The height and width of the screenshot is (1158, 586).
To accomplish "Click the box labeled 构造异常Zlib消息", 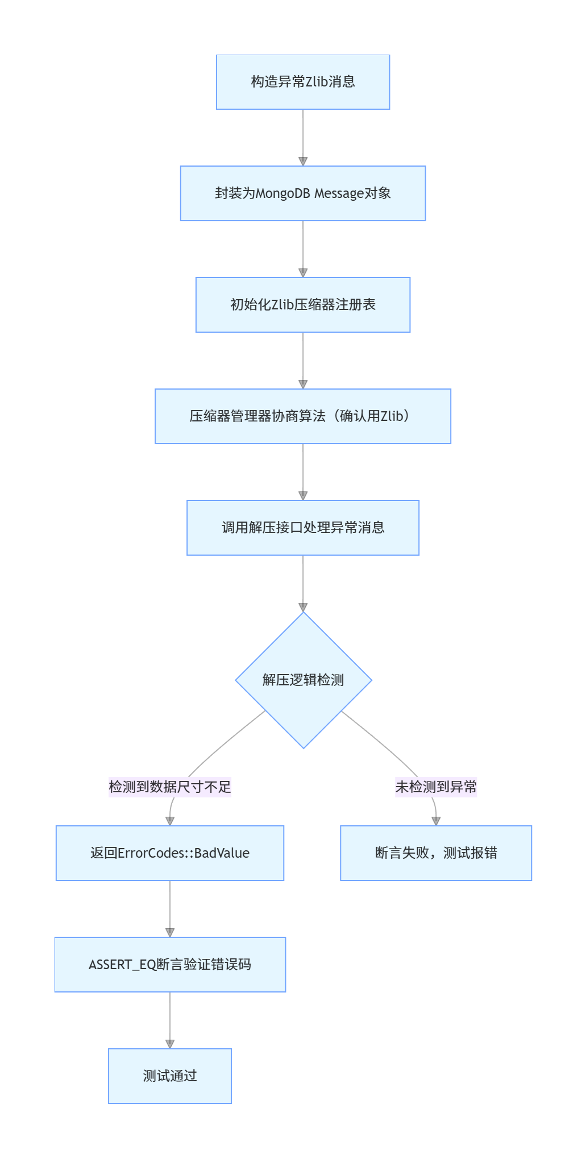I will tap(303, 82).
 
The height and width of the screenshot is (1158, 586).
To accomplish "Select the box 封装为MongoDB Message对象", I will tap(303, 193).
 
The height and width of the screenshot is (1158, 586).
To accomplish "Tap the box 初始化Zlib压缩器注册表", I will tap(303, 305).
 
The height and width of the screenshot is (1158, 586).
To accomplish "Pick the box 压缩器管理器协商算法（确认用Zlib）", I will tap(303, 416).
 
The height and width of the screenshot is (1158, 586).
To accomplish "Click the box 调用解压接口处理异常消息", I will tap(303, 528).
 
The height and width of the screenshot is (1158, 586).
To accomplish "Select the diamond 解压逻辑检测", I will tap(304, 680).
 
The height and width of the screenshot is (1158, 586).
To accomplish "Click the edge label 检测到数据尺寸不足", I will tap(170, 787).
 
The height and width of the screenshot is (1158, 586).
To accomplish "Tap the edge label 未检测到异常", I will tap(436, 787).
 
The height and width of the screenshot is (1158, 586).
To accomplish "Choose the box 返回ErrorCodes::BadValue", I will tap(170, 853).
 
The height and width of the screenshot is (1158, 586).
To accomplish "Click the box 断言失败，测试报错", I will tap(436, 853).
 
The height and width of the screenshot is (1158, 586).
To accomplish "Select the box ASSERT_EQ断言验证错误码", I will tap(170, 965).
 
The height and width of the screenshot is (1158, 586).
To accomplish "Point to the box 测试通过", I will tap(170, 1076).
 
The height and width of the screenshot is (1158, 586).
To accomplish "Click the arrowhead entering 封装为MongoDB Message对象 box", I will tap(303, 162).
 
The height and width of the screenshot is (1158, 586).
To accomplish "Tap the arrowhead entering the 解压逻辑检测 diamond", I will tap(303, 607).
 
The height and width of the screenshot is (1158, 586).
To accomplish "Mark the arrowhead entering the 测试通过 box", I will tap(170, 1044).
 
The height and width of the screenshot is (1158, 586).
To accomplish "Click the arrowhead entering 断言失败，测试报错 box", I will tap(436, 821).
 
